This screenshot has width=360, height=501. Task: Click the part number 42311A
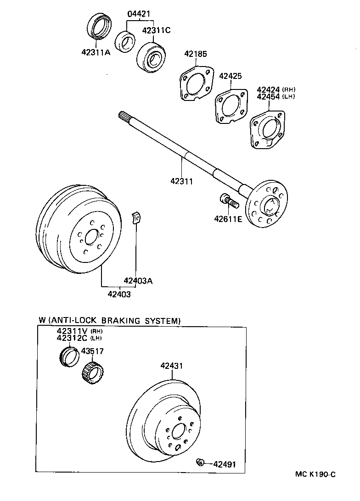click(96, 52)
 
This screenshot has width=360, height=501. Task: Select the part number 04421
click(139, 14)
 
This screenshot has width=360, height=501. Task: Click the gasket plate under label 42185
click(196, 83)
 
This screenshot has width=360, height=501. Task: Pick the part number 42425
click(230, 76)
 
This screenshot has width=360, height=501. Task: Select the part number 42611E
click(227, 219)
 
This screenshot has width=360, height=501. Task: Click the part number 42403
click(119, 294)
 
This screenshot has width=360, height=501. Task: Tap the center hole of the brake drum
click(91, 237)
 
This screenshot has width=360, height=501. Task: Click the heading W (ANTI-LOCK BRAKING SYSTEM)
click(110, 320)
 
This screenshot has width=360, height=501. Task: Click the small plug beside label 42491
click(199, 462)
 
